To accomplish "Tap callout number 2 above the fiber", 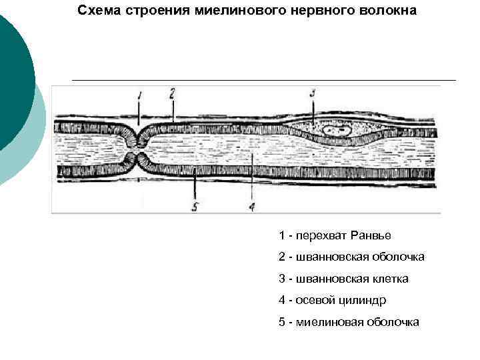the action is [172, 93].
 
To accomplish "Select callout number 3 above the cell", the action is [313, 93].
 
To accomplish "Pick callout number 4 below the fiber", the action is [251, 206].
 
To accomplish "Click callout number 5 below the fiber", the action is [195, 206].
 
